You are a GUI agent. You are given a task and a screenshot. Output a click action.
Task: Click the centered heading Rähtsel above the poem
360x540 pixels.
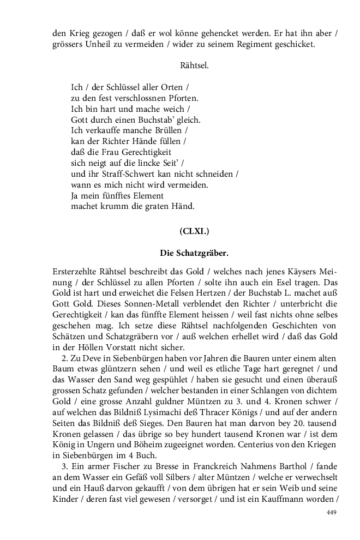(x=194, y=65)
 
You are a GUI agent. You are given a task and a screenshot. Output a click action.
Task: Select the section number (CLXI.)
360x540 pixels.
(x=194, y=231)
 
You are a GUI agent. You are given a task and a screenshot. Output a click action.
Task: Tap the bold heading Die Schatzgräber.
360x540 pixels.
(x=194, y=253)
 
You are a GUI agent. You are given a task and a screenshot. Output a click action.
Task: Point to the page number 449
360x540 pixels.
(x=332, y=512)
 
